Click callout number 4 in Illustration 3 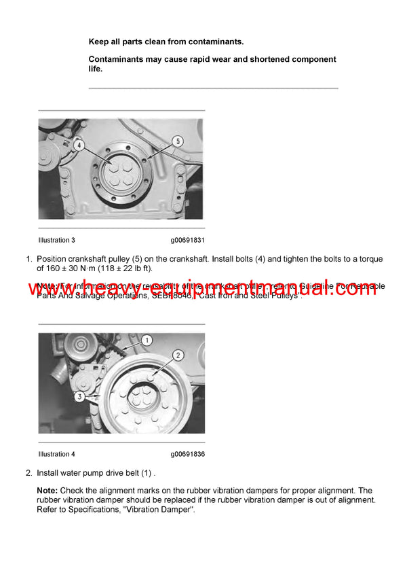click(x=79, y=145)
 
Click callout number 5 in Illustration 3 click(x=177, y=141)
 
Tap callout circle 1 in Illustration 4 click(x=147, y=340)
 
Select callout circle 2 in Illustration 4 click(x=178, y=355)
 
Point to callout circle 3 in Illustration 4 click(x=79, y=396)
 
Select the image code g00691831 click(x=188, y=240)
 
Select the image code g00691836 click(x=188, y=454)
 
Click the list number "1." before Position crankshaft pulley click(x=29, y=259)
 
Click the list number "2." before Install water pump click(x=29, y=472)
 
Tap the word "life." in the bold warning click(x=96, y=69)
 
